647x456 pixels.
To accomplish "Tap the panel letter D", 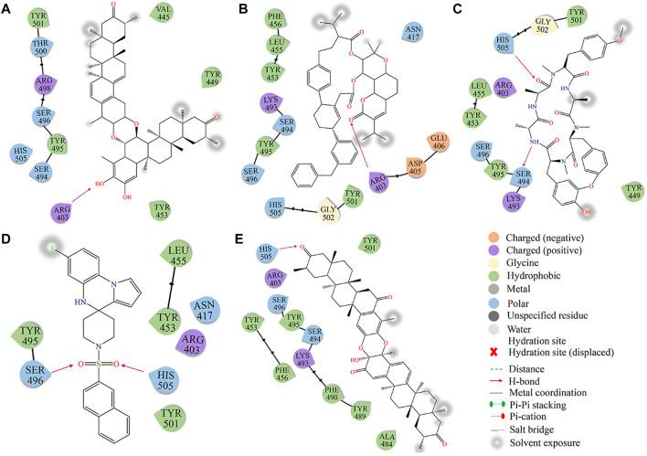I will point(10,242).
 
